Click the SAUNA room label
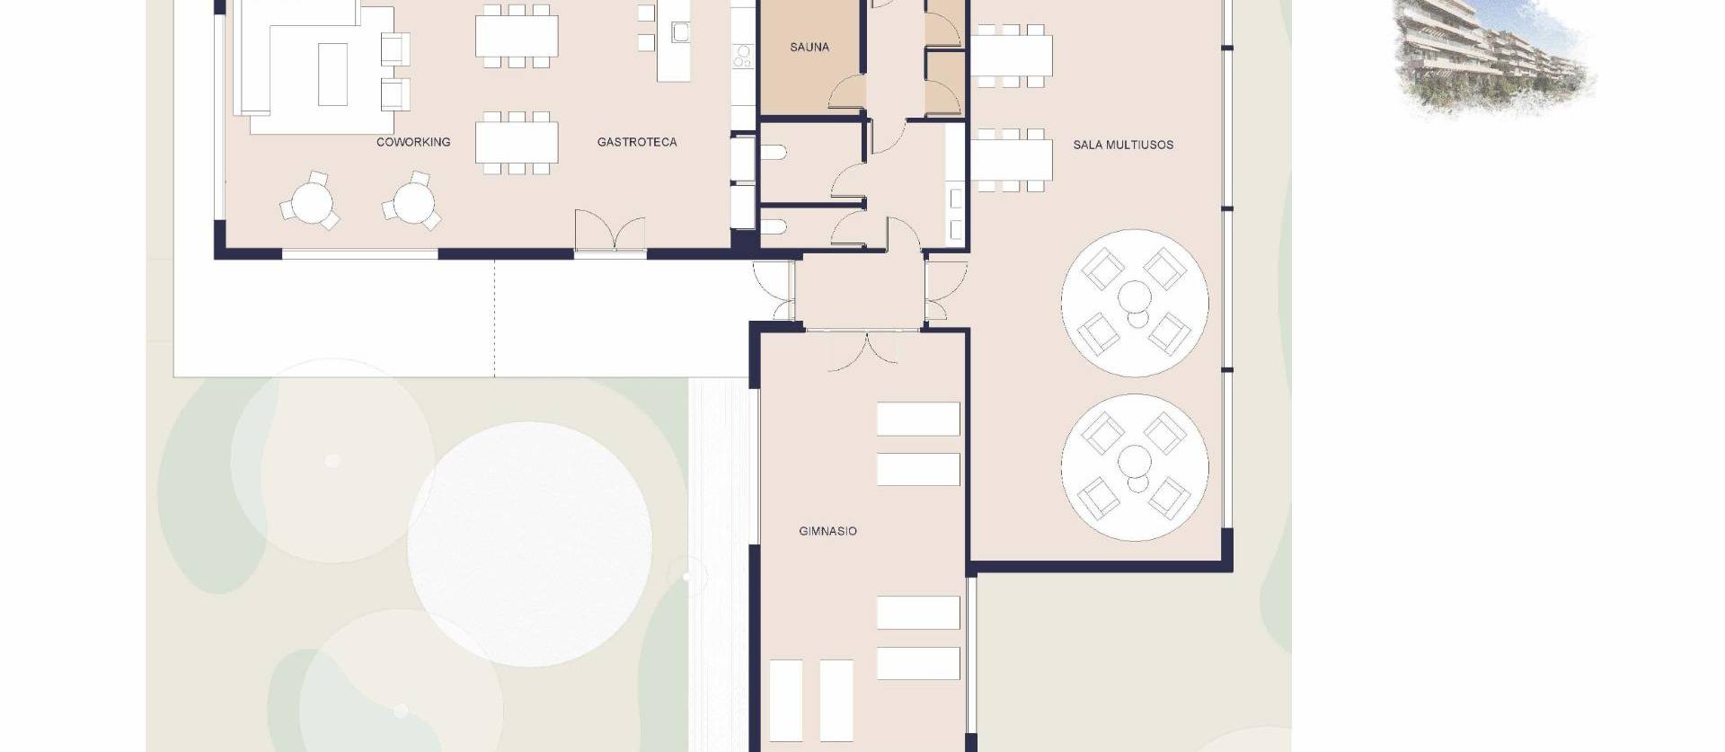[x=809, y=47]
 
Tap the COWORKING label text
[x=413, y=142]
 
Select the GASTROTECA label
[x=636, y=142]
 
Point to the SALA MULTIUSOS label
[x=1122, y=145]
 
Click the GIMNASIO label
[x=827, y=531]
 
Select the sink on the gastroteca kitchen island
[x=680, y=33]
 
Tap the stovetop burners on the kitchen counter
[x=742, y=57]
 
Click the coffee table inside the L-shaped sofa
[x=332, y=74]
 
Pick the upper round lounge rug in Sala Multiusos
[x=1134, y=303]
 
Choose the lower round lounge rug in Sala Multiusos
[x=1134, y=467]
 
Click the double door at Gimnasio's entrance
[x=862, y=350]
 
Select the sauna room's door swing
[x=847, y=93]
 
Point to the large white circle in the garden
[x=530, y=544]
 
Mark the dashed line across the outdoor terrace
[x=494, y=319]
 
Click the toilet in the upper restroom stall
[x=776, y=154]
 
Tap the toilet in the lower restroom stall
[x=776, y=227]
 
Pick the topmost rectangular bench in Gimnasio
[x=917, y=419]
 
